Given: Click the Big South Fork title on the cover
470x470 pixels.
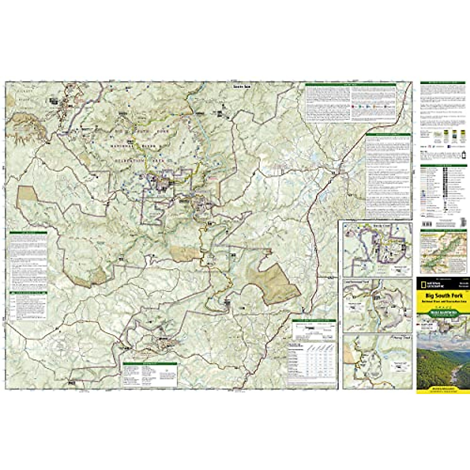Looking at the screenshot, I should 441,296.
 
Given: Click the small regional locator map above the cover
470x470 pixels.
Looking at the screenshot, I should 443,251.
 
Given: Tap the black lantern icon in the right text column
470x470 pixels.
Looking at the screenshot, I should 464,154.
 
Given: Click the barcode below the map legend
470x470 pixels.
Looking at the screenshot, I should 427,223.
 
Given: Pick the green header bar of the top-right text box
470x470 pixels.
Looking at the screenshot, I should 350,84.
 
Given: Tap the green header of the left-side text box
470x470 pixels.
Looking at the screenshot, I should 28,233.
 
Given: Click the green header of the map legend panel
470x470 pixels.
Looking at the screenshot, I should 443,166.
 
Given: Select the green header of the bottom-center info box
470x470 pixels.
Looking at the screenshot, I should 150,364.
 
